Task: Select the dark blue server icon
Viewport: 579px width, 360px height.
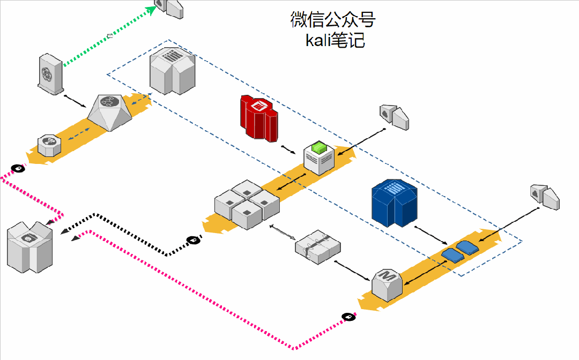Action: [x=395, y=204]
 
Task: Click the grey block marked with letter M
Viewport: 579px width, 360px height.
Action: [x=387, y=284]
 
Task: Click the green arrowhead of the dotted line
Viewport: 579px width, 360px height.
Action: [x=152, y=10]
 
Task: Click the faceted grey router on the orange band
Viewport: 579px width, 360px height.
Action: [x=110, y=111]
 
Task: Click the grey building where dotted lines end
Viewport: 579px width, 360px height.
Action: [x=29, y=247]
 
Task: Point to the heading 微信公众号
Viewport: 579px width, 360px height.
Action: [x=333, y=19]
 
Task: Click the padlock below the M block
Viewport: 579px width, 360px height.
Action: [x=348, y=317]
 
